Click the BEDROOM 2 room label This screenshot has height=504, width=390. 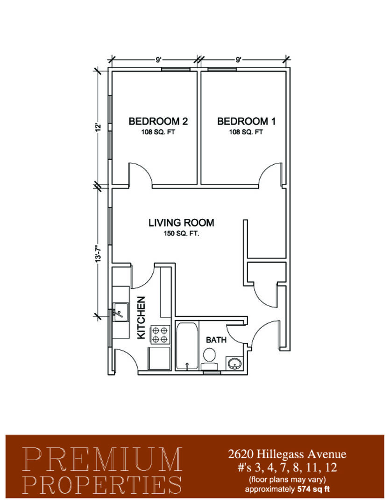pos(158,121)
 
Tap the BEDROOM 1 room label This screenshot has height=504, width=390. pos(246,121)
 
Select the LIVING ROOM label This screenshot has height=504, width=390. pos(181,223)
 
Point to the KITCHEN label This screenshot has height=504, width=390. pos(141,318)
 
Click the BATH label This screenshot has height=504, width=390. pos(216,340)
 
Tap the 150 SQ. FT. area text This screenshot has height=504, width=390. pos(182,234)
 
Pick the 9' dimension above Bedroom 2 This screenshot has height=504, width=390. pos(158,60)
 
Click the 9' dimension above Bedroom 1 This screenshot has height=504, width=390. pos(239,60)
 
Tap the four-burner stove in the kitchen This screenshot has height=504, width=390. pos(160,335)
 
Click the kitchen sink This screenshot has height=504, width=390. pos(121,312)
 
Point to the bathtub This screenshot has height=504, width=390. pos(187,346)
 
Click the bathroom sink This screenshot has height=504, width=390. pos(234,364)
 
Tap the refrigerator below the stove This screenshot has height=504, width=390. pos(159,358)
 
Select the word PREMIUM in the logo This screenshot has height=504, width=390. pos(102,459)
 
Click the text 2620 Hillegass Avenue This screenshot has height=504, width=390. pos(287,454)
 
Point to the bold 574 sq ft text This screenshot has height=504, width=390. pos(314,490)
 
